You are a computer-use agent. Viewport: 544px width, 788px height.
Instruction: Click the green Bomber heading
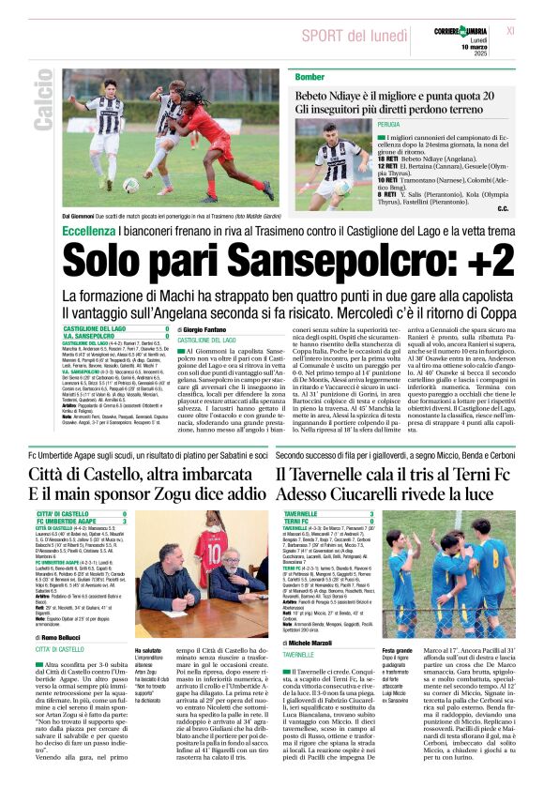[x=310, y=77]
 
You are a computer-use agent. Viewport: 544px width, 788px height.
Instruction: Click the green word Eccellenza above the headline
[x=91, y=230]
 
